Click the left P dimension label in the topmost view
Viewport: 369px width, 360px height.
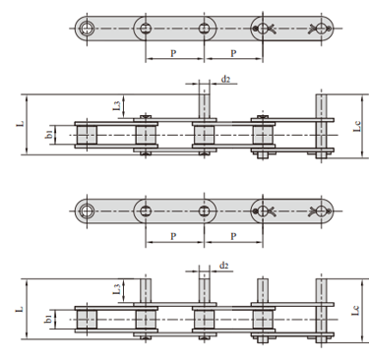(173, 53)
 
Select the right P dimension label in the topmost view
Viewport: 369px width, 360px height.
(233, 53)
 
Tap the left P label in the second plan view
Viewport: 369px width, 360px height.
(173, 236)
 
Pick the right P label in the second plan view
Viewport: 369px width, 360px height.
(233, 236)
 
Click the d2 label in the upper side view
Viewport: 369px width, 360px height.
(225, 79)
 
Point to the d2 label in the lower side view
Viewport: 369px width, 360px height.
(223, 266)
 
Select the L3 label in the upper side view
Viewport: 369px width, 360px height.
(117, 105)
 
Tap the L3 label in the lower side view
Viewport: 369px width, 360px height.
(117, 289)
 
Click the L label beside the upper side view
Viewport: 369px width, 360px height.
(21, 124)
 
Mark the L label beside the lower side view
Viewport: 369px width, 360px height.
(21, 309)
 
